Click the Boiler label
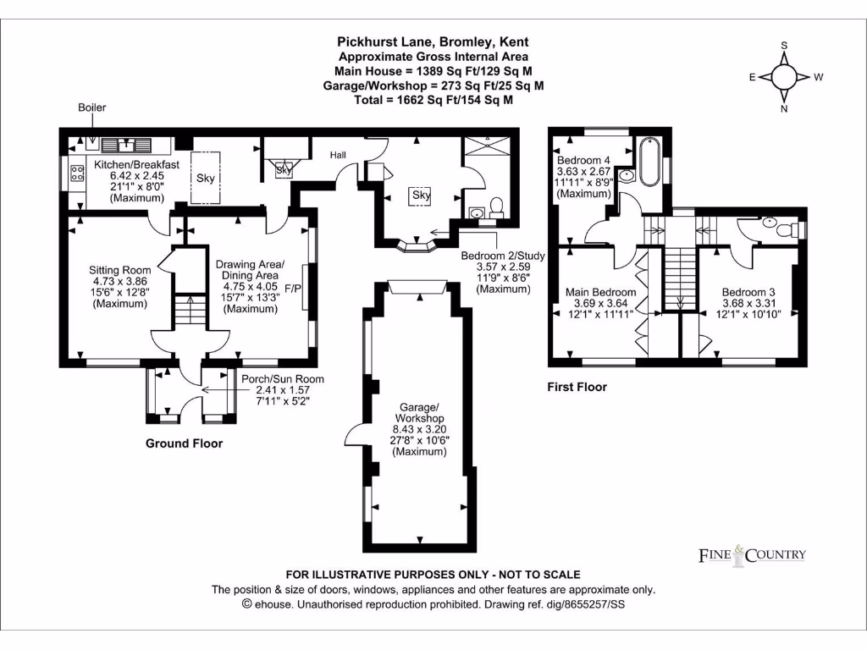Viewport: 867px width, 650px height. click(x=92, y=108)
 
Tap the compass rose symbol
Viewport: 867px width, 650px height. click(x=784, y=77)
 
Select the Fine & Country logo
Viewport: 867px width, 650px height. click(x=752, y=555)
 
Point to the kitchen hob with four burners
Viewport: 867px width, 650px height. click(x=76, y=174)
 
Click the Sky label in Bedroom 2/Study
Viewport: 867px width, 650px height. click(x=421, y=196)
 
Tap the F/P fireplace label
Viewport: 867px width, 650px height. click(x=294, y=289)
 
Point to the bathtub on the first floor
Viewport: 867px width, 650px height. click(x=649, y=161)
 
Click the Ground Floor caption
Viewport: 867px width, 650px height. click(x=184, y=443)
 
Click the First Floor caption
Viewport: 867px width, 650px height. click(x=578, y=387)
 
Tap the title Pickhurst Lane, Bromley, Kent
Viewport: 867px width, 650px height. click(x=433, y=41)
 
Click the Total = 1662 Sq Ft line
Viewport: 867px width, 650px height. click(x=433, y=100)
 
